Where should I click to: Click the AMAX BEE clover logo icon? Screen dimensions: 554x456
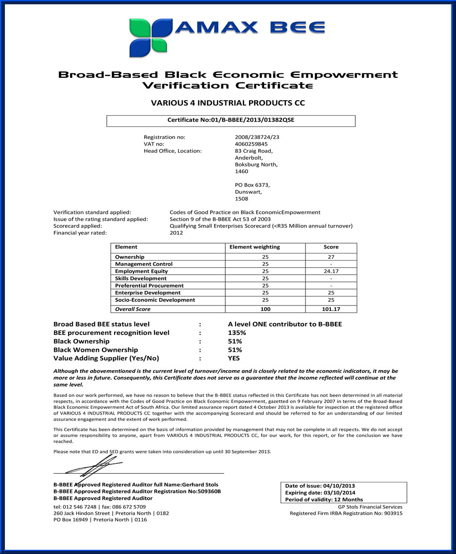click(151, 37)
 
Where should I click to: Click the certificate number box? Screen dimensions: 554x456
click(231, 120)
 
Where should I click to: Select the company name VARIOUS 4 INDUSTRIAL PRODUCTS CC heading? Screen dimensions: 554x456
click(228, 103)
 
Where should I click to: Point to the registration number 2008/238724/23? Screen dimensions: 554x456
click(257, 137)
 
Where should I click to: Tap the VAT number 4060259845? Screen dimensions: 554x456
click(251, 144)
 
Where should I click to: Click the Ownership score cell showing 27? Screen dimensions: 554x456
click(331, 257)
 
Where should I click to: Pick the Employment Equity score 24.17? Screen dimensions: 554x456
click(331, 271)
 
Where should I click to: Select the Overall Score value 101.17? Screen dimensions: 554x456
click(331, 309)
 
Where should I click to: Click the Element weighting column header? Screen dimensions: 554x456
click(255, 247)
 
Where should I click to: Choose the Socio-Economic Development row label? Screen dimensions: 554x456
click(155, 300)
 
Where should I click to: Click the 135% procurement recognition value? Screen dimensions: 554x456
click(237, 333)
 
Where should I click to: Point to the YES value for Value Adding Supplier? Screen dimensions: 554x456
click(234, 358)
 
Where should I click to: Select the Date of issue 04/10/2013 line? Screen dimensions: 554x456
click(320, 486)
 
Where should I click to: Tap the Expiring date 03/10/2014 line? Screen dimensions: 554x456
click(320, 493)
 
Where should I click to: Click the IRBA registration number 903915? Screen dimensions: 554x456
click(393, 513)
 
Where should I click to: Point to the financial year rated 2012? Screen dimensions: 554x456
click(176, 233)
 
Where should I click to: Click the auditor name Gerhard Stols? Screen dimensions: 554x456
click(200, 485)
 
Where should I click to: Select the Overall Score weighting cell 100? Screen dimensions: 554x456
click(265, 309)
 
